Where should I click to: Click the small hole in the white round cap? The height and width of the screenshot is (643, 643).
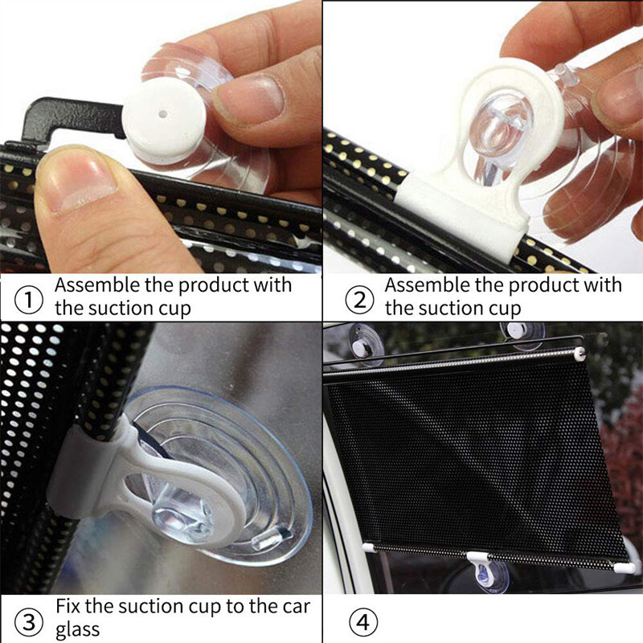point(164,115)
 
